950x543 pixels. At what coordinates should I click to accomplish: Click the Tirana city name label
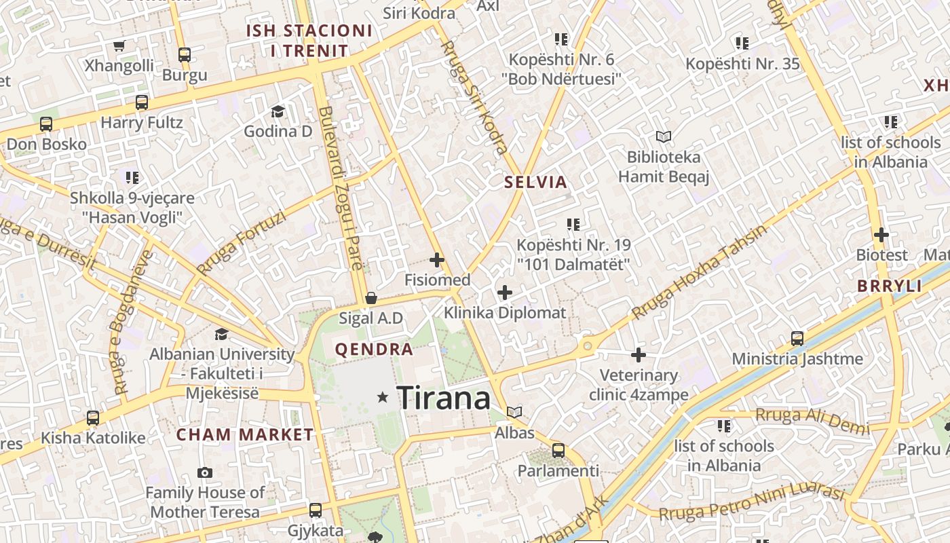pyautogui.click(x=443, y=398)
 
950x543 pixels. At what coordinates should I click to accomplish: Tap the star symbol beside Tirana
pyautogui.click(x=383, y=397)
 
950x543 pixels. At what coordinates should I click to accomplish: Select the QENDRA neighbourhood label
pyautogui.click(x=374, y=350)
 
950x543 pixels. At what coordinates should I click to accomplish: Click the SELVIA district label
pyautogui.click(x=535, y=182)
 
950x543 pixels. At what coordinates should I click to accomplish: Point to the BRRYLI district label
pyautogui.click(x=890, y=286)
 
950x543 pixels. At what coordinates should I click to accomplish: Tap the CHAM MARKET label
pyautogui.click(x=245, y=434)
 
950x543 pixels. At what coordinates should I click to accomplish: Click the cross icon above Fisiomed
pyautogui.click(x=437, y=260)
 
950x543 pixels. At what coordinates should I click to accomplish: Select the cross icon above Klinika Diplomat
pyautogui.click(x=504, y=293)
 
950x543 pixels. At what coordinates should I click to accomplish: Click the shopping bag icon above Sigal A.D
pyautogui.click(x=371, y=298)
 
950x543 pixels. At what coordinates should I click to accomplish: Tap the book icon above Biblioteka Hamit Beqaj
pyautogui.click(x=663, y=137)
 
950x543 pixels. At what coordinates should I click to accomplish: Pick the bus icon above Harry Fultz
pyautogui.click(x=141, y=102)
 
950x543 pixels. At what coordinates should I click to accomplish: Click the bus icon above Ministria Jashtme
pyautogui.click(x=797, y=338)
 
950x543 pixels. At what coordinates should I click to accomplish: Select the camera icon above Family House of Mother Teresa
pyautogui.click(x=205, y=472)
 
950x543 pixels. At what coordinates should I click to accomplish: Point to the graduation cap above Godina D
pyautogui.click(x=278, y=111)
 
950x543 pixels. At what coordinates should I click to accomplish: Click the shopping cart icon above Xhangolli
pyautogui.click(x=119, y=45)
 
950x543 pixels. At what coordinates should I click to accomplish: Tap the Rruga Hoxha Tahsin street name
pyautogui.click(x=700, y=271)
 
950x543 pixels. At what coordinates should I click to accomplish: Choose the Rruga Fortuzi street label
pyautogui.click(x=241, y=242)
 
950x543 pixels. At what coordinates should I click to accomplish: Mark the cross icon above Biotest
pyautogui.click(x=881, y=236)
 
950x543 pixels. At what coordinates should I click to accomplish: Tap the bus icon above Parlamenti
pyautogui.click(x=558, y=450)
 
